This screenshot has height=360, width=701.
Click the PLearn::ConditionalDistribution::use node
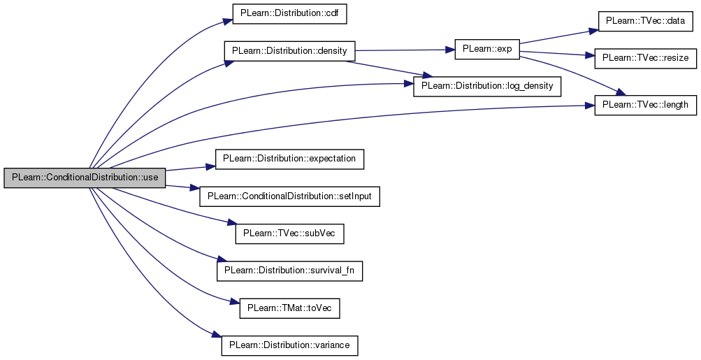click(85, 178)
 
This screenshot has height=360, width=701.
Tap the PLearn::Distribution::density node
click(289, 50)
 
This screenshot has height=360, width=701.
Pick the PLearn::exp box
click(487, 49)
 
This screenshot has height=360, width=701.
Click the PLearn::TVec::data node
click(645, 21)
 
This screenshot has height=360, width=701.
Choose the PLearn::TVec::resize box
click(645, 58)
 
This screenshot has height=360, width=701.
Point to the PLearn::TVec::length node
click(645, 105)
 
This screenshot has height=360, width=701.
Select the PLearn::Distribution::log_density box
click(487, 86)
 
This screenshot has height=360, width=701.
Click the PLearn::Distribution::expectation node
click(289, 159)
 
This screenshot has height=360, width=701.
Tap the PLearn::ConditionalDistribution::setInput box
click(289, 196)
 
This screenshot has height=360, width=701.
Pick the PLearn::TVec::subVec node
click(289, 233)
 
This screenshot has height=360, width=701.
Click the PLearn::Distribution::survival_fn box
click(289, 271)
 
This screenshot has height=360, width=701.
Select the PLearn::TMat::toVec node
click(289, 308)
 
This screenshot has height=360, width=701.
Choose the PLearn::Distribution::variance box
click(289, 346)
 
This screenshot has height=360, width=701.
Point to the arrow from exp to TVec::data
click(559, 37)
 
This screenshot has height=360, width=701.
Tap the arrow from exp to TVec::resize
click(557, 53)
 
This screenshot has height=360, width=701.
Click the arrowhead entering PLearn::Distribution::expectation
click(210, 166)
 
